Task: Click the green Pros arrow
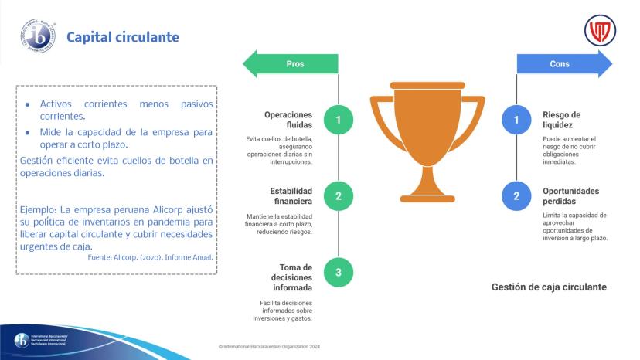pyautogui.click(x=291, y=63)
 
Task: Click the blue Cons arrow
pyautogui.click(x=564, y=63)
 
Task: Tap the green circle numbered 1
pyautogui.click(x=339, y=120)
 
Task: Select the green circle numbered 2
pyautogui.click(x=339, y=196)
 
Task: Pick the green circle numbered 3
pyautogui.click(x=339, y=272)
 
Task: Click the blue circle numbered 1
pyautogui.click(x=516, y=120)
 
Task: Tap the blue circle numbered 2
pyautogui.click(x=516, y=196)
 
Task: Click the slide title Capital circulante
pyautogui.click(x=123, y=37)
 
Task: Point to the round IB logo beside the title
pyautogui.click(x=38, y=36)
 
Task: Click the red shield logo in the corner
pyautogui.click(x=600, y=31)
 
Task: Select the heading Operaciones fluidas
pyautogui.click(x=288, y=120)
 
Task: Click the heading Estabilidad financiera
pyautogui.click(x=291, y=196)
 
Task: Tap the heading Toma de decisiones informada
pyautogui.click(x=292, y=277)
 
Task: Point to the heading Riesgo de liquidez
pyautogui.click(x=561, y=120)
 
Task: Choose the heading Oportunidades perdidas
pyautogui.click(x=570, y=196)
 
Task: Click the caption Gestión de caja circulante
pyautogui.click(x=549, y=287)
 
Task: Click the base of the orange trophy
pyautogui.click(x=427, y=199)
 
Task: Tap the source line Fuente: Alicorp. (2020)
pyautogui.click(x=150, y=257)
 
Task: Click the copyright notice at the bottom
pyautogui.click(x=269, y=347)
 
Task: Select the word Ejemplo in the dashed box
pyautogui.click(x=39, y=210)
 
